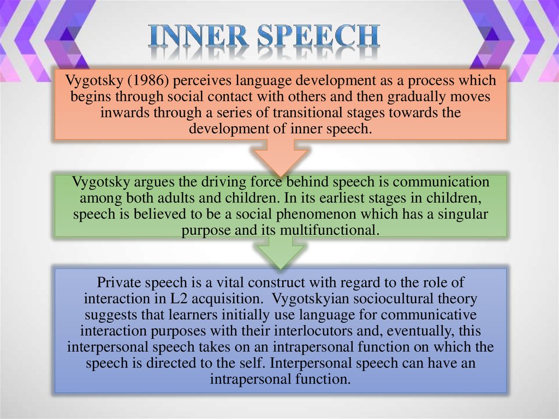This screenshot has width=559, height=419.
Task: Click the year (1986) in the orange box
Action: [148, 81]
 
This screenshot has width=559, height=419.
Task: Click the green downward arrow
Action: [280, 252]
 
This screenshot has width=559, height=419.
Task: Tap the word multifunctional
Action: [329, 230]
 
